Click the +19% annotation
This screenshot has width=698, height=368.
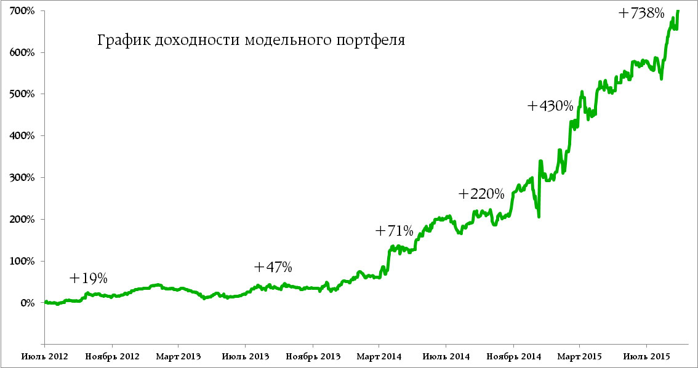pyautogui.click(x=88, y=279)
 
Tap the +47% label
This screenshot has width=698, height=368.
pyautogui.click(x=273, y=267)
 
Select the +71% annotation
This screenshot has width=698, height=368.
pyautogui.click(x=394, y=231)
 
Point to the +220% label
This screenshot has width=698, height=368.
pyautogui.click(x=481, y=194)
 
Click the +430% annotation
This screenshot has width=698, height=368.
pyautogui.click(x=550, y=106)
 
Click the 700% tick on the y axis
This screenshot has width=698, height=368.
pyautogui.click(x=22, y=11)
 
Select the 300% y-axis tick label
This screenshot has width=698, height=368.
pyautogui.click(x=22, y=178)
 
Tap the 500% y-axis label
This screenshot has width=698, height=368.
pyautogui.click(x=22, y=94)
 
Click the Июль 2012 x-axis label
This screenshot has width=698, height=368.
pyautogui.click(x=44, y=356)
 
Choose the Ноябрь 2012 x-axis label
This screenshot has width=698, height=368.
pyautogui.click(x=111, y=356)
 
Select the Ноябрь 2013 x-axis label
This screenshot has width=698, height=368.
pyautogui.click(x=312, y=356)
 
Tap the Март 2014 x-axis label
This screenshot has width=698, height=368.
pyautogui.click(x=379, y=356)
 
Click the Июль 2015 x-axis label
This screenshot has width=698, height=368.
pyautogui.click(x=646, y=356)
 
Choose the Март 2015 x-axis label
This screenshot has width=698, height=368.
pyautogui.click(x=579, y=356)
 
